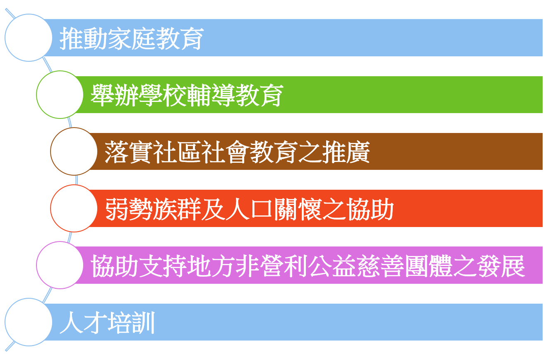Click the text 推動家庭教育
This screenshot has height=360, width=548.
132,39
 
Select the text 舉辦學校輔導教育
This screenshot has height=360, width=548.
187,95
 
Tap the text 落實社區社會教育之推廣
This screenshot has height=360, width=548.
237,152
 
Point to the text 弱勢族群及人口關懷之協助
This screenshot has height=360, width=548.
249,209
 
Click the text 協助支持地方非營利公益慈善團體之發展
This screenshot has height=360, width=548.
308,266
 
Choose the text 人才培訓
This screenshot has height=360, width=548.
107,322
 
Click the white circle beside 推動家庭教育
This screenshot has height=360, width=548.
28,38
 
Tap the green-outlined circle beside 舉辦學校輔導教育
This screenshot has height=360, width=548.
60,94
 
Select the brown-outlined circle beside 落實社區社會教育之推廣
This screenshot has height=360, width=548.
74,151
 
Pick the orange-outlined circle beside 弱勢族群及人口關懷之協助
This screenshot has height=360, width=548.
74,208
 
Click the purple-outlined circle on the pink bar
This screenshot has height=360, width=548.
60,265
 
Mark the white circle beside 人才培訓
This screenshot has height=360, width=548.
28,322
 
